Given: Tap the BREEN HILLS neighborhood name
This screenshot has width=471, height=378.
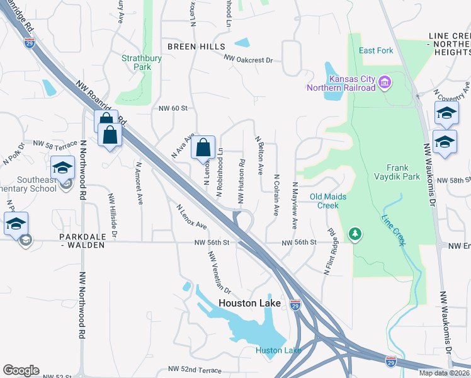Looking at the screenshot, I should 196,47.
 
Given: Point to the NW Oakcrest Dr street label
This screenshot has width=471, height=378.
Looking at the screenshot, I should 252,59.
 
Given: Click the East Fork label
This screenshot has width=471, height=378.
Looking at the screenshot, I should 376,50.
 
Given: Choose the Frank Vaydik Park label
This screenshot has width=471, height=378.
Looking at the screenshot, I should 397,173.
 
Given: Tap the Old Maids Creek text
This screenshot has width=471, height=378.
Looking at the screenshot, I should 328,201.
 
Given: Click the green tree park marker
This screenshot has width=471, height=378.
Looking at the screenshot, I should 356,234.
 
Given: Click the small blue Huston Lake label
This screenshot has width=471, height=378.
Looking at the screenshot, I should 278,350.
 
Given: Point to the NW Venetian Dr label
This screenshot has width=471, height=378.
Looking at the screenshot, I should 220,273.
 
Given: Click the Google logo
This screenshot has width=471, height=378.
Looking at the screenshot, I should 21,370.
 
